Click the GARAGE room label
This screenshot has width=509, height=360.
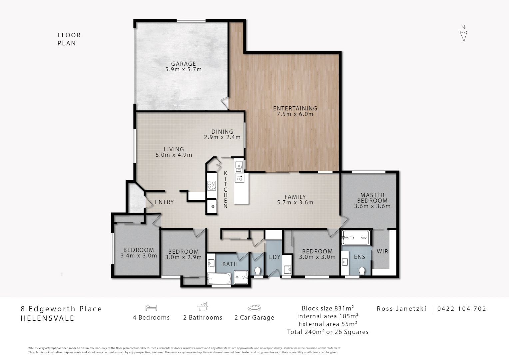point(183,64)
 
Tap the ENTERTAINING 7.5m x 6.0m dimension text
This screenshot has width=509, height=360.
point(295,114)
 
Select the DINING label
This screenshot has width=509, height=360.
point(222,132)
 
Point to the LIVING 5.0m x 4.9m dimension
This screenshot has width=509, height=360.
point(174,155)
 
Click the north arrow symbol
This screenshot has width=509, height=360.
point(463,36)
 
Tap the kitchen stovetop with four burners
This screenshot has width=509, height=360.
point(212,186)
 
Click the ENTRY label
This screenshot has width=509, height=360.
point(164,202)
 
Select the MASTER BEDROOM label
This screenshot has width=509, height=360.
point(372,198)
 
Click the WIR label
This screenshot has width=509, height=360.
point(382,252)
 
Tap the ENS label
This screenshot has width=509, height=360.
point(359,257)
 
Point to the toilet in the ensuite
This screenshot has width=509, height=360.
point(361,271)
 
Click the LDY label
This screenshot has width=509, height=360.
point(274,257)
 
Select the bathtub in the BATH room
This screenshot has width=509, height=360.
point(219,279)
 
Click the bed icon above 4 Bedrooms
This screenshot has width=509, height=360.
point(151,308)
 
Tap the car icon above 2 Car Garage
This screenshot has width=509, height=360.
point(254,308)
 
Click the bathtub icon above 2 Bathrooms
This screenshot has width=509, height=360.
point(203,307)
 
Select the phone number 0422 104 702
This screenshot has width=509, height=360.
point(461,309)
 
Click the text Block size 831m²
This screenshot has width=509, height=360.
point(328,308)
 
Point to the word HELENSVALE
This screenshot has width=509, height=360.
point(48,318)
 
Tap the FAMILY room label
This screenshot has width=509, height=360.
point(295,197)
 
